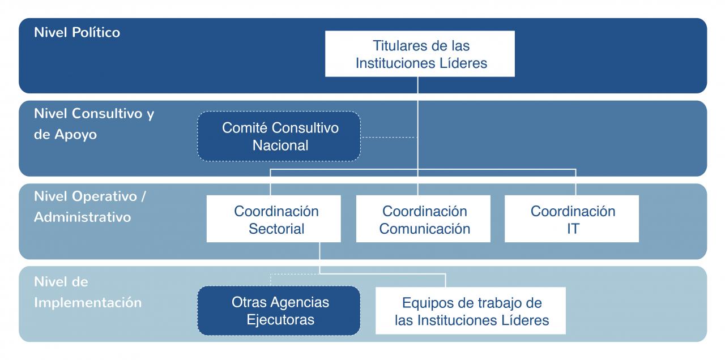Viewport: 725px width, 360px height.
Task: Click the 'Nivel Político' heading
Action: (x=77, y=33)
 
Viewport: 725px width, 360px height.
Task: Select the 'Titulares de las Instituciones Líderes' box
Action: (x=420, y=54)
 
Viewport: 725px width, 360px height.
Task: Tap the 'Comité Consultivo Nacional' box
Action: (x=279, y=136)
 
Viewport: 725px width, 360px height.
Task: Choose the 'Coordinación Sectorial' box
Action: (x=274, y=218)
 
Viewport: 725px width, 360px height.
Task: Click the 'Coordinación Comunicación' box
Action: (x=423, y=218)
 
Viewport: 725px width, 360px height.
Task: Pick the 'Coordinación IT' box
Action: (x=572, y=218)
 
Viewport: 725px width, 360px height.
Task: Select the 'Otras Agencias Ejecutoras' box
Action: (x=279, y=311)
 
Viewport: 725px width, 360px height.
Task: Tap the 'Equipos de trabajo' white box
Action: (x=471, y=311)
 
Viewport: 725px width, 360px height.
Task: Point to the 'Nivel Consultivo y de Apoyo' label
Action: (x=94, y=124)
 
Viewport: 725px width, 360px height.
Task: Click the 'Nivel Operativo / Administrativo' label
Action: (x=90, y=207)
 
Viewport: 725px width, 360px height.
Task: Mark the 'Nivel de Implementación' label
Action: (x=88, y=292)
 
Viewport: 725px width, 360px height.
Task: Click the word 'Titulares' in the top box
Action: (x=400, y=46)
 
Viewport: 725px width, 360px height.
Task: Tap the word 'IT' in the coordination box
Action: (x=573, y=229)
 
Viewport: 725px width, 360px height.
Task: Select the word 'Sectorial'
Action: (x=276, y=229)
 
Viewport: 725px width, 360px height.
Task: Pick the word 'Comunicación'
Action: (x=425, y=229)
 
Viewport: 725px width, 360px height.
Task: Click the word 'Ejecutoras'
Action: (x=280, y=320)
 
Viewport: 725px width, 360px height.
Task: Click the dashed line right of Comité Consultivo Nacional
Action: (x=389, y=137)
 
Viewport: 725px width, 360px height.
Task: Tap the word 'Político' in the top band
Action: (x=96, y=33)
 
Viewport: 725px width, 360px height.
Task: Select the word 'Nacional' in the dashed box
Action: (x=280, y=145)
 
